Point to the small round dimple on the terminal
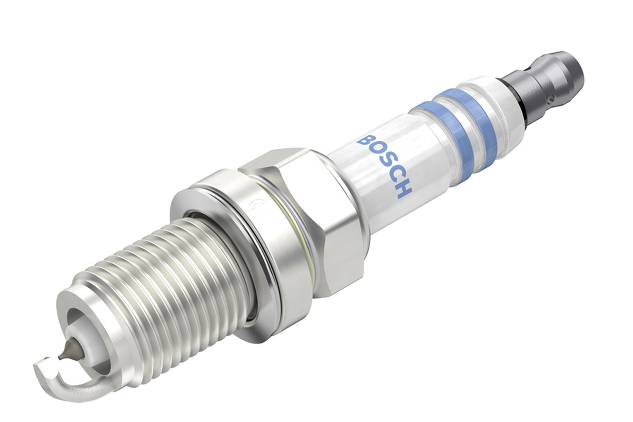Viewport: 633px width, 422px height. (x=549, y=98)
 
